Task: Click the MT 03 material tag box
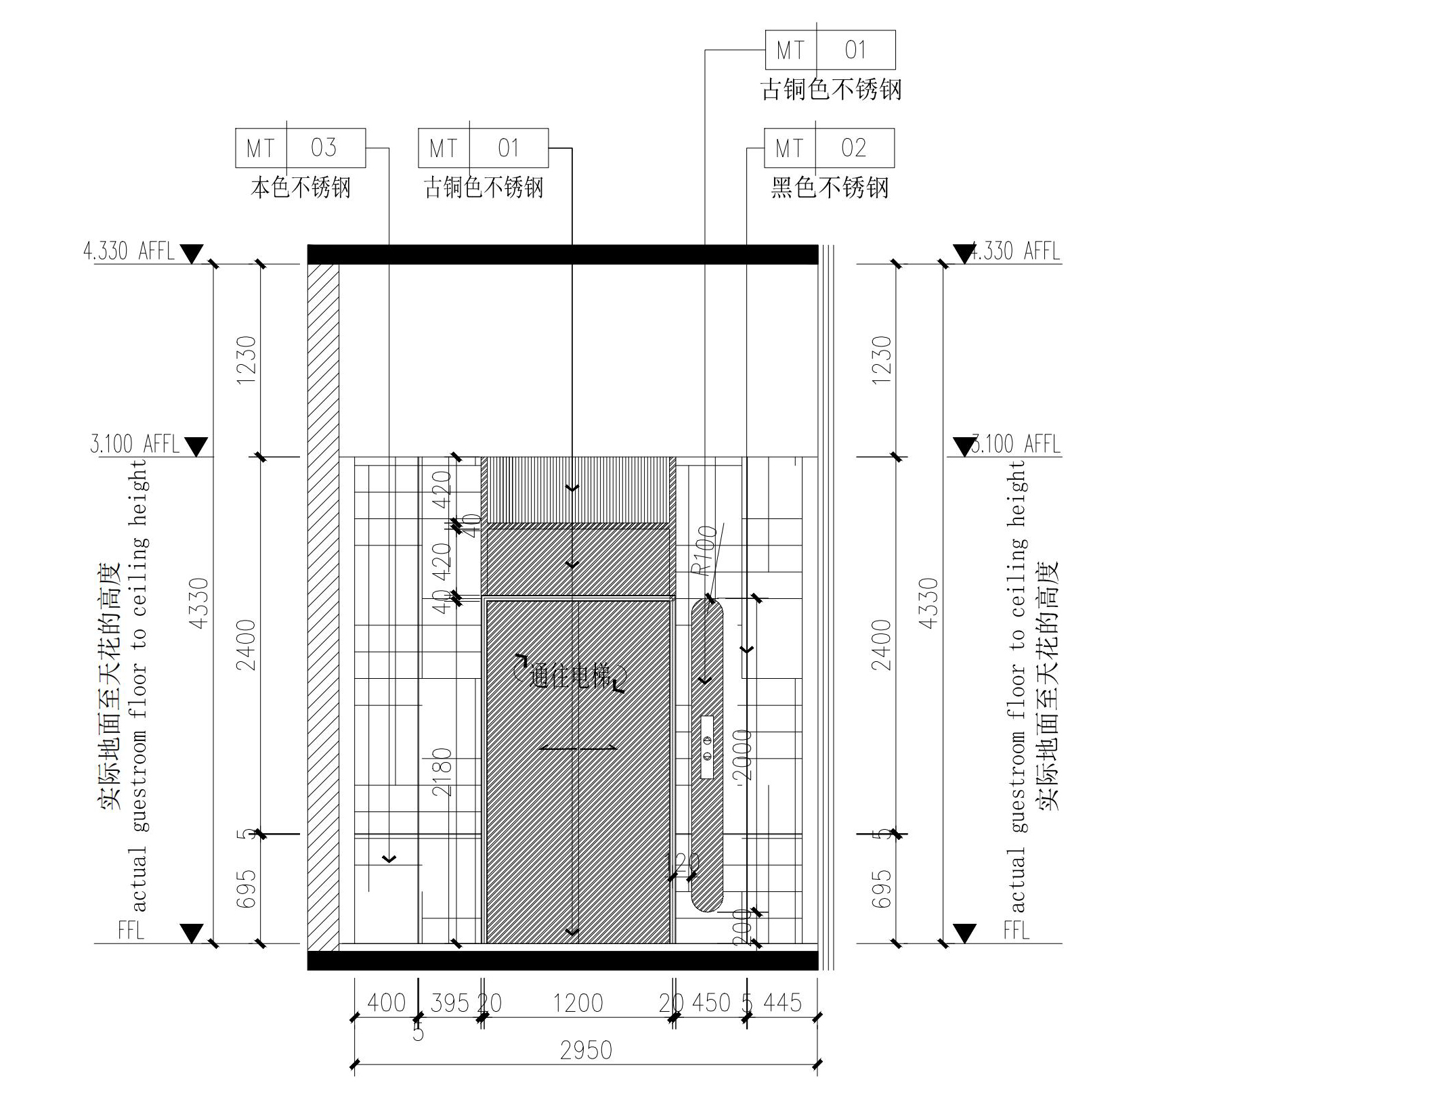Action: (x=300, y=148)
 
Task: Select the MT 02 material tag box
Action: (x=829, y=148)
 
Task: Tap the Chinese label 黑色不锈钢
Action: (x=829, y=187)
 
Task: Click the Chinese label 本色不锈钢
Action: (x=301, y=187)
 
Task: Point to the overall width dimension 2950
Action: (x=586, y=1050)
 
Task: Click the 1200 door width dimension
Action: (x=578, y=1003)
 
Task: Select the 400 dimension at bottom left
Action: (x=386, y=1003)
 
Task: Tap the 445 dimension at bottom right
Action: (x=782, y=1003)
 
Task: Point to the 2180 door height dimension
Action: (x=442, y=772)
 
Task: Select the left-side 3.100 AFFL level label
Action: (x=135, y=445)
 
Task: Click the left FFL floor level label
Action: (x=131, y=930)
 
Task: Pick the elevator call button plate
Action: (x=707, y=747)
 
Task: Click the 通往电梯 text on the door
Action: (x=570, y=675)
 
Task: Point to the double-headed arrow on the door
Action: (x=578, y=748)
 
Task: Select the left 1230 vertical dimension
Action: (x=246, y=360)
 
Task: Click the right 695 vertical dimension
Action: (x=880, y=889)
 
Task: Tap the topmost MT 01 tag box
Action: (x=830, y=50)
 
